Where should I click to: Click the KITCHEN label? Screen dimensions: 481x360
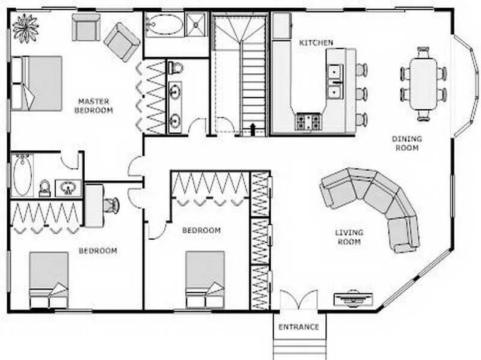pos(316,42)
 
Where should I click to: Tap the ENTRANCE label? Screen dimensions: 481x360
pos(298,327)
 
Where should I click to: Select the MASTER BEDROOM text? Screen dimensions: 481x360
pos(94,106)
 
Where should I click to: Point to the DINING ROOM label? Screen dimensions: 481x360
pos(407,143)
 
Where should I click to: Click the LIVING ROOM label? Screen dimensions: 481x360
pos(349,237)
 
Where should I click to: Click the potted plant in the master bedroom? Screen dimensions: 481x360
pos(25,28)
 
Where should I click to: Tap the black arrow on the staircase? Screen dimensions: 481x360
pos(253,129)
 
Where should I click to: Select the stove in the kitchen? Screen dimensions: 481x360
pos(308,121)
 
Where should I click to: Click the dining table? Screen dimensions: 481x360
pos(423,84)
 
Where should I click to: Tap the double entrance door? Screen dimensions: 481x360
pos(298,299)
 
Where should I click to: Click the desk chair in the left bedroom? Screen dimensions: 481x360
pos(111,205)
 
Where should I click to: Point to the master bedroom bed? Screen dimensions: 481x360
pos(37,83)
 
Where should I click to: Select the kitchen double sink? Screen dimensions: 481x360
pos(334,82)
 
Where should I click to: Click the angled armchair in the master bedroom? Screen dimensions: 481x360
pos(122,42)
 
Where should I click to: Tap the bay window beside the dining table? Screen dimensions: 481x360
pos(467,85)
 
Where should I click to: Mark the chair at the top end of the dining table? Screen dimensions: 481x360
pos(423,52)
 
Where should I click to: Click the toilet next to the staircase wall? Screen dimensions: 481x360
pos(176,68)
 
